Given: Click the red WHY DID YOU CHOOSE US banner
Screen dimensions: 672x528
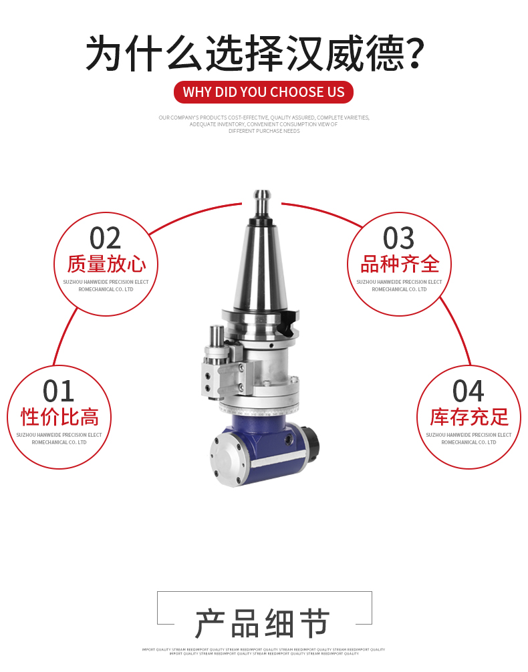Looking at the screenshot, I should pos(263,92).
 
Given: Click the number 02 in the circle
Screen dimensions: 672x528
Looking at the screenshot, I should pos(106,238).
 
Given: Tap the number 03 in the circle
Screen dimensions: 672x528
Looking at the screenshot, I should pos(399,238).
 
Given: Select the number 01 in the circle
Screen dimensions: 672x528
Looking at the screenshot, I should pos(59,391).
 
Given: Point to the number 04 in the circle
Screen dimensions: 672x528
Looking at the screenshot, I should pos(469,391).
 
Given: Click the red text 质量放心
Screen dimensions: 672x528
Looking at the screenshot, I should pos(106,264).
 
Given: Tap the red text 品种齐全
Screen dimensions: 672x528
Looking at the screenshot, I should pos(400,264).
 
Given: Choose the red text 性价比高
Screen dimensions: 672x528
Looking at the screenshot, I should pos(59,417).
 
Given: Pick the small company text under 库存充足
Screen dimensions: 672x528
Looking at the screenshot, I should pos(469,439).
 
